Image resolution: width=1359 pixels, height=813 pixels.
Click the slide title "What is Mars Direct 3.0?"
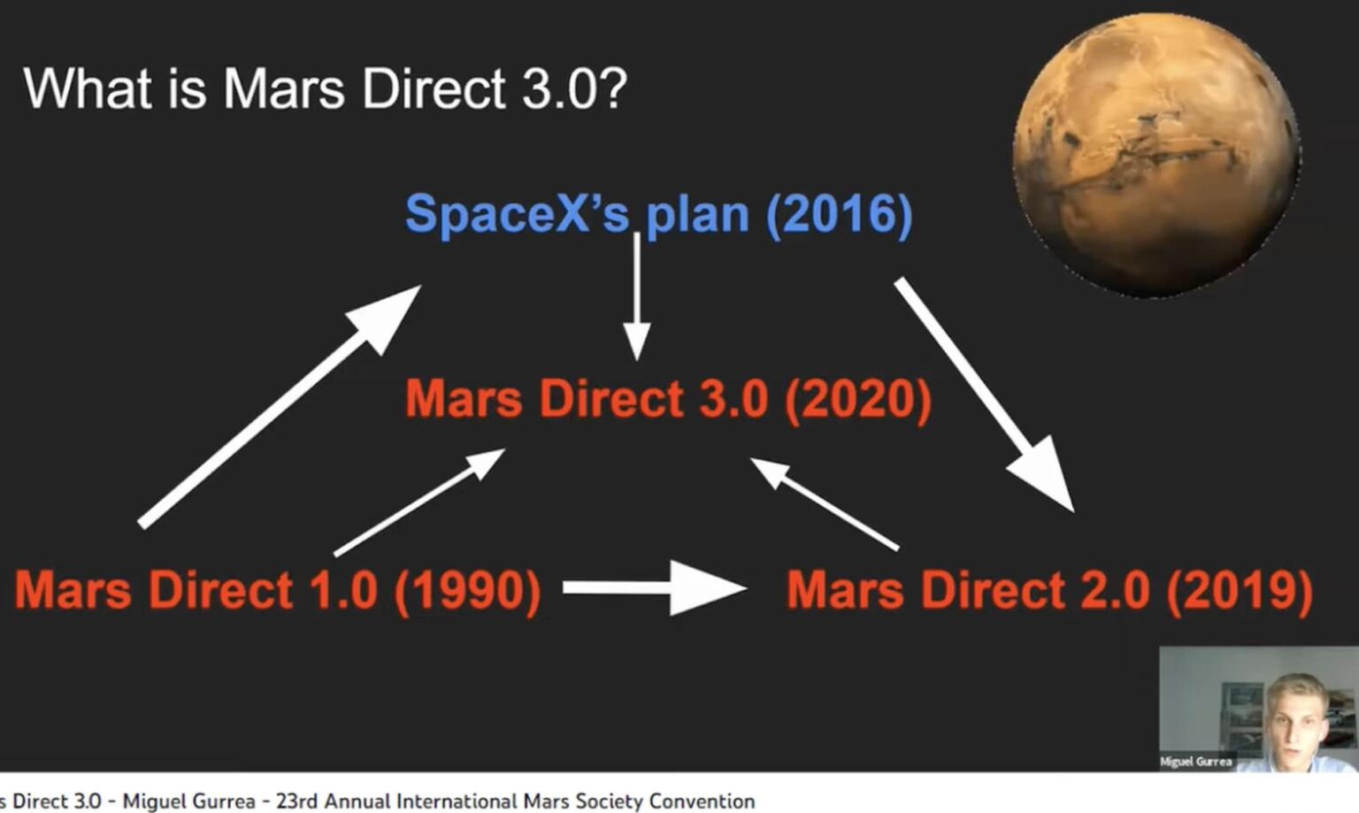[325, 88]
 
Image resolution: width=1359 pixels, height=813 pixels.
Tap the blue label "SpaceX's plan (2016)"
[658, 214]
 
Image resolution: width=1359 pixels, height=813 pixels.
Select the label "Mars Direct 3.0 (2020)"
[668, 399]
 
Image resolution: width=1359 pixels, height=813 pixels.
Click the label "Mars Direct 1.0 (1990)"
[278, 590]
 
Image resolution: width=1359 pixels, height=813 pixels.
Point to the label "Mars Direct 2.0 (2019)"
[1049, 590]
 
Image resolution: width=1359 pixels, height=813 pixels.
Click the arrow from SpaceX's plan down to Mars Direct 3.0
[636, 296]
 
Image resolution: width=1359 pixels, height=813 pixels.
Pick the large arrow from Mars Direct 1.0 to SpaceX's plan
[279, 408]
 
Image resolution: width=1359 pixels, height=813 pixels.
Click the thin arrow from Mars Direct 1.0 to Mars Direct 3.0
[418, 502]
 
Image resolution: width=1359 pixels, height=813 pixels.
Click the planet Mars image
[1156, 155]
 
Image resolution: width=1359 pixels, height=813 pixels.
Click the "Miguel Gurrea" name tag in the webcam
[1195, 761]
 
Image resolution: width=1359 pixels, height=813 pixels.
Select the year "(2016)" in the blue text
[839, 214]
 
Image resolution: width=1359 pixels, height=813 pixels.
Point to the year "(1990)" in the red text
[467, 590]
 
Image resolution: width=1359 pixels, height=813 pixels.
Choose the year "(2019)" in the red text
[1240, 590]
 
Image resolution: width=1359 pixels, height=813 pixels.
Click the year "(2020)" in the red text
[858, 399]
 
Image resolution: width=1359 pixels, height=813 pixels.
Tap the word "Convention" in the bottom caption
[702, 801]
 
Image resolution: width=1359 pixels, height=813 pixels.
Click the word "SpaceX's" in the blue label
[518, 214]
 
